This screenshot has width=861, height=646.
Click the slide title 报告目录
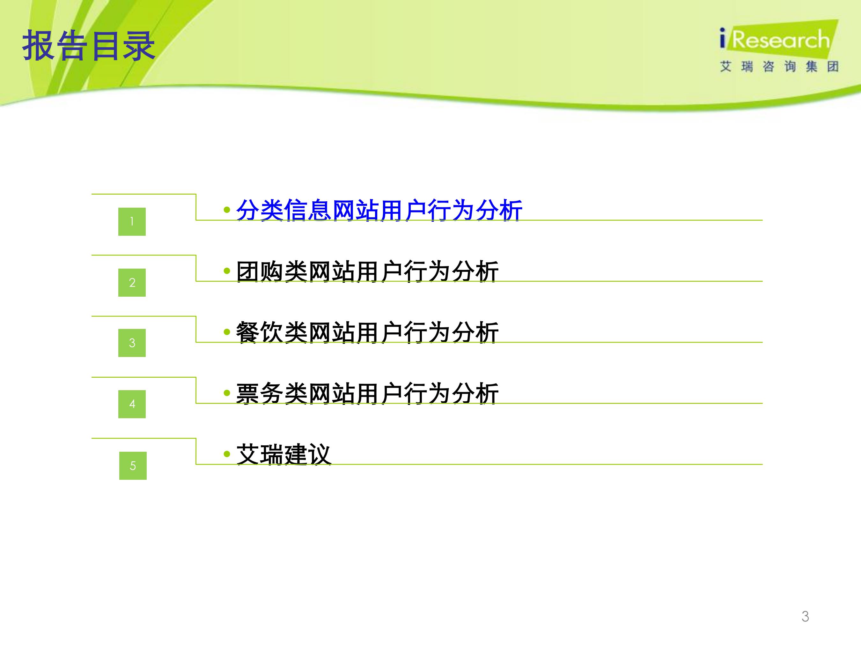89,46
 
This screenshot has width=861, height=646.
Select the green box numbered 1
132,222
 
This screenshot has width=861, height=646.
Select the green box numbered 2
132,282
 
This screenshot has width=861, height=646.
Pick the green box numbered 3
132,343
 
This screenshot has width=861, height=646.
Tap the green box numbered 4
132,404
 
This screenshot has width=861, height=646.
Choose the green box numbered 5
133,466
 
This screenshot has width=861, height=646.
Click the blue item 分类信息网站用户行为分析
379,210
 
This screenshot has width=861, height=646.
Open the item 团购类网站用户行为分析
367,271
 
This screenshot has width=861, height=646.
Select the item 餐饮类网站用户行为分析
367,332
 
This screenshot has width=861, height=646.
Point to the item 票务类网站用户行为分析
367,393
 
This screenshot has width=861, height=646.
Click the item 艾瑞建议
284,454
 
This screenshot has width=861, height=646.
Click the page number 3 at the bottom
805,616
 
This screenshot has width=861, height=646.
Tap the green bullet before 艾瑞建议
227,454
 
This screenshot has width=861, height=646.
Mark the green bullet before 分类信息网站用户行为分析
227,210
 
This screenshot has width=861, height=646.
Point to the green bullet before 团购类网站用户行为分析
227,271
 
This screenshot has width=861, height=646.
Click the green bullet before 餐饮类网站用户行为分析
227,332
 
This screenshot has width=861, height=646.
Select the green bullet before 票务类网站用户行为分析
227,393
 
